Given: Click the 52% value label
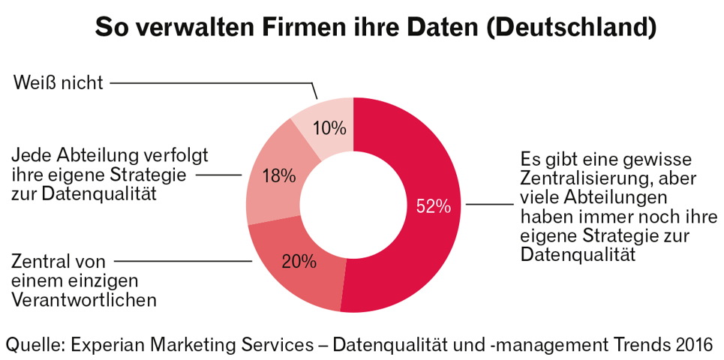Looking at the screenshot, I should pyautogui.click(x=433, y=206).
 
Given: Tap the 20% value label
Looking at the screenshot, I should pyautogui.click(x=299, y=262).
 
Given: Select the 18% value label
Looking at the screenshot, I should pyautogui.click(x=278, y=175).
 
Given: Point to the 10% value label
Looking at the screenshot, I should pyautogui.click(x=329, y=128).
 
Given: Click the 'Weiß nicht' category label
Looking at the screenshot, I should pyautogui.click(x=58, y=82).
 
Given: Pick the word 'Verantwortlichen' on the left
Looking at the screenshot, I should pyautogui.click(x=84, y=300).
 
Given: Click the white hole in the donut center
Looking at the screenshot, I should pyautogui.click(x=353, y=204).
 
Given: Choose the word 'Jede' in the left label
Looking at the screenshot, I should pyautogui.click(x=29, y=156).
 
